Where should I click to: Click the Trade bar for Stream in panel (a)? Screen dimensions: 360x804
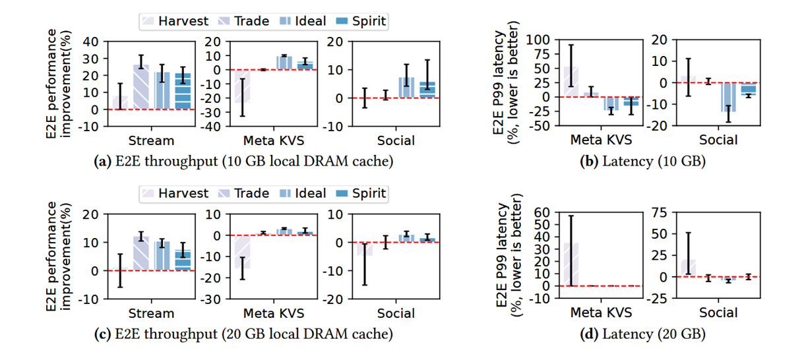click(x=141, y=87)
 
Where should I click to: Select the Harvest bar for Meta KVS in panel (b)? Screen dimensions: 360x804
click(x=571, y=82)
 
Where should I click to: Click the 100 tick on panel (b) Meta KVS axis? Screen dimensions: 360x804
click(x=547, y=40)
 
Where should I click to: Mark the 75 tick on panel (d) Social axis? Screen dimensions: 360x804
click(x=660, y=212)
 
